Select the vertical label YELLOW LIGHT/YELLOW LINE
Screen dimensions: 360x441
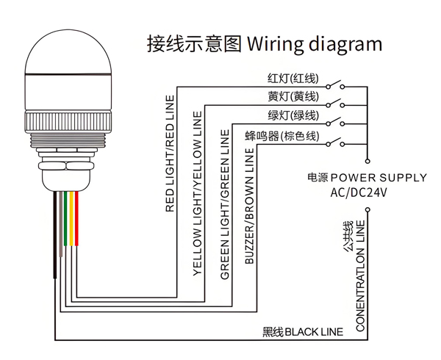(197, 193)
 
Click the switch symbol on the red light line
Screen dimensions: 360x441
(336, 84)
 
